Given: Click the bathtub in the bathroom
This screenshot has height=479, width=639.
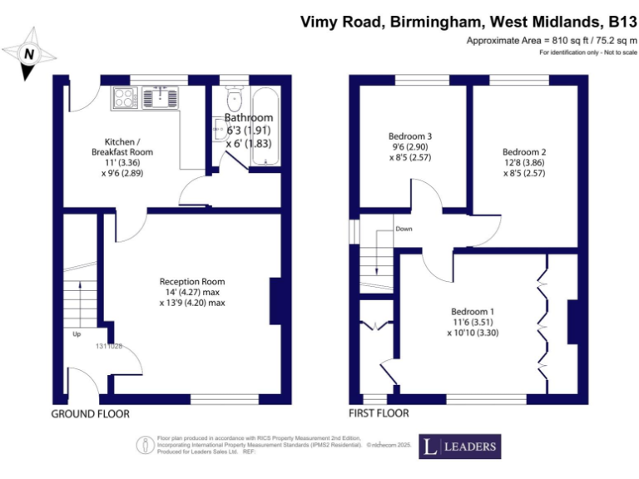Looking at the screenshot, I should pyautogui.click(x=267, y=126).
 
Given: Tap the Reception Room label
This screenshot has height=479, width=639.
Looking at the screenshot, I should pyautogui.click(x=192, y=282).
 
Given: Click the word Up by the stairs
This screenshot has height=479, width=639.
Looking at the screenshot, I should pyautogui.click(x=77, y=334).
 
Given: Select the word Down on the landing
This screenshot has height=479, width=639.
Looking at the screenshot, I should pyautogui.click(x=404, y=229).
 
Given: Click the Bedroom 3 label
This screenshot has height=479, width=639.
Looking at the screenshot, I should pyautogui.click(x=410, y=136).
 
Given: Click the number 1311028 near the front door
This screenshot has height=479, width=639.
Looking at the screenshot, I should pyautogui.click(x=109, y=346).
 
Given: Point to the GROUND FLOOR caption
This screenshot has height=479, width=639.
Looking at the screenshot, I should pyautogui.click(x=91, y=413).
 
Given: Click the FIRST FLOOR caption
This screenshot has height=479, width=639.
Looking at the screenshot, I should pyautogui.click(x=379, y=413).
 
